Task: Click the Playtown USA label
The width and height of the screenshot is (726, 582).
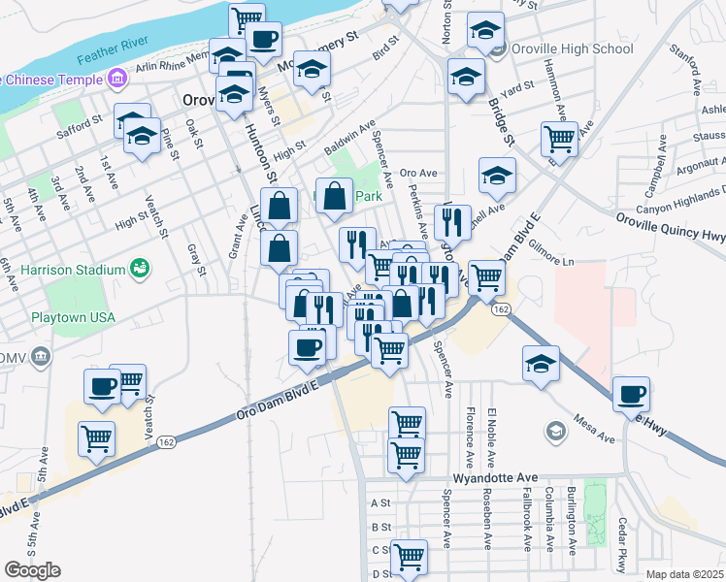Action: (71, 317)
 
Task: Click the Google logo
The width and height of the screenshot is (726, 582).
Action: (32, 570)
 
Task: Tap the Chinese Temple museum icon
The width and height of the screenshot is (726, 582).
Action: (116, 77)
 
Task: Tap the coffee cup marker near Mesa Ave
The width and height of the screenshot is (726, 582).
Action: (631, 395)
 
